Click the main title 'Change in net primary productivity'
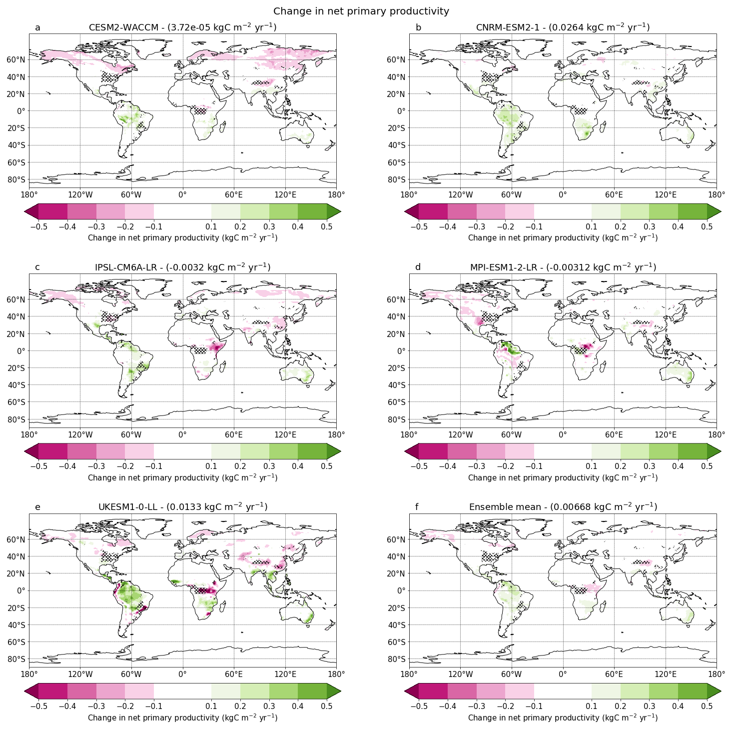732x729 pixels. tap(361, 11)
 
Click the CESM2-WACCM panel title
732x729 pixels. tap(182, 27)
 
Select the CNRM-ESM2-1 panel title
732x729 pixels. tap(563, 27)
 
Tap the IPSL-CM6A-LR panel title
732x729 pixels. tap(182, 267)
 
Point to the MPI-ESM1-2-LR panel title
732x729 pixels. tap(563, 267)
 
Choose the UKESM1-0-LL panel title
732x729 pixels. tap(182, 507)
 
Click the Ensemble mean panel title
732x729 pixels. tap(563, 507)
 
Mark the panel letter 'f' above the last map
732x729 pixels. tap(418, 507)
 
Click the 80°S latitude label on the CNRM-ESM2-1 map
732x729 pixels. tap(396, 179)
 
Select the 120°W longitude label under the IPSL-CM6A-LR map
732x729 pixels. tap(80, 434)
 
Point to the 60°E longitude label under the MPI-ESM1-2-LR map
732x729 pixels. tap(614, 434)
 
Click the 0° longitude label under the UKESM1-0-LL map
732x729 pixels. tap(182, 674)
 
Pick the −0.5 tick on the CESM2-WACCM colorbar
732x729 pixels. tap(38, 226)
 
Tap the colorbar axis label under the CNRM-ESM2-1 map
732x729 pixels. tap(563, 237)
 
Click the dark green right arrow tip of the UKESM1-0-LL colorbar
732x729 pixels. tap(334, 691)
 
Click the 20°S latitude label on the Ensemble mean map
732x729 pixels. tap(396, 608)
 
